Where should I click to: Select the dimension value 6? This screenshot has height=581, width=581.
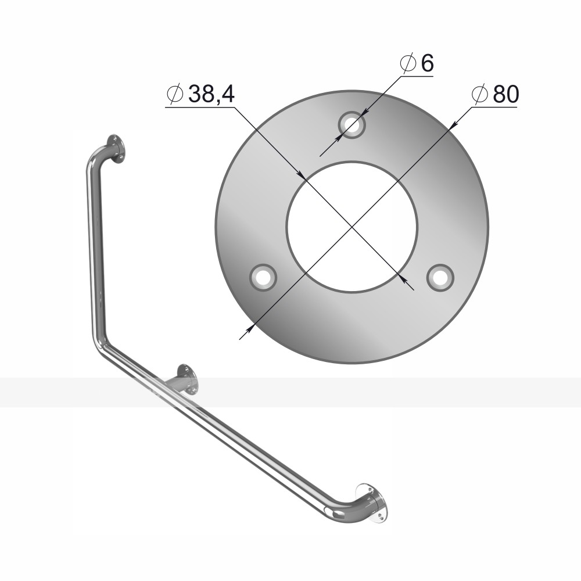tap(427, 63)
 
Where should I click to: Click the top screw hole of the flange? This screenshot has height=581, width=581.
tap(352, 125)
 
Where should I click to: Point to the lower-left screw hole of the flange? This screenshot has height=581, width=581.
tap(263, 278)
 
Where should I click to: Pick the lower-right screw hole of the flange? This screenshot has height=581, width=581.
tap(440, 278)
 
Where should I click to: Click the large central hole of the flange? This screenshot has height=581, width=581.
tap(352, 227)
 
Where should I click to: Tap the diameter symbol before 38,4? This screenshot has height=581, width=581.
tap(175, 94)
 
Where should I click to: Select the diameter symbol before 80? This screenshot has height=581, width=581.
tap(480, 94)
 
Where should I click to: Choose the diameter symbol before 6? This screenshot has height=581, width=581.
tap(408, 63)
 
